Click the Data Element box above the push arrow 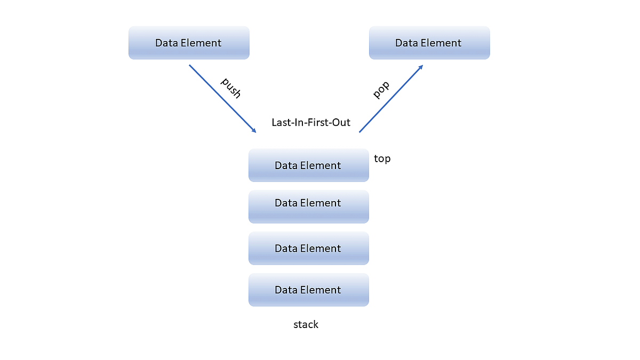click(x=189, y=43)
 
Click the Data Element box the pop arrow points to click(x=429, y=43)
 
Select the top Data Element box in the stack click(x=308, y=165)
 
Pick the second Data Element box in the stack click(x=308, y=206)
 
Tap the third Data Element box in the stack click(x=308, y=248)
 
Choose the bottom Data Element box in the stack click(x=308, y=290)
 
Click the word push click(x=231, y=88)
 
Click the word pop click(x=381, y=90)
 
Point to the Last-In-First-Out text click(x=311, y=123)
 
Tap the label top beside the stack click(x=382, y=158)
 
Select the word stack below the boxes click(x=306, y=324)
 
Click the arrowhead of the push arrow click(x=254, y=131)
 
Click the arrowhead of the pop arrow click(x=421, y=67)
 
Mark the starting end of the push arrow click(x=190, y=66)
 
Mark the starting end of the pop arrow click(x=360, y=131)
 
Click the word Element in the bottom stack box click(x=322, y=290)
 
